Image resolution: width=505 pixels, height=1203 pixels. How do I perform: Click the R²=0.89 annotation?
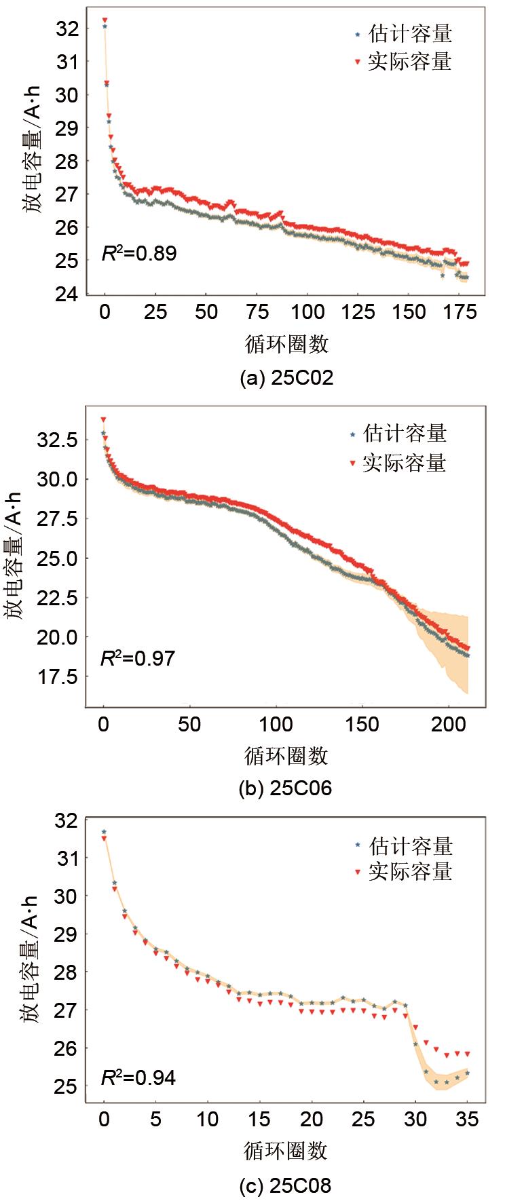139,254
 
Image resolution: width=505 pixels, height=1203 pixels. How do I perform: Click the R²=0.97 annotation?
138,658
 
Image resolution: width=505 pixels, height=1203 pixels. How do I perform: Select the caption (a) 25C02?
286,378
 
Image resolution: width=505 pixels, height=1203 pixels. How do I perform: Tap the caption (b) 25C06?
285,788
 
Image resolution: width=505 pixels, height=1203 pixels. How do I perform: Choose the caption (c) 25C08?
285,1185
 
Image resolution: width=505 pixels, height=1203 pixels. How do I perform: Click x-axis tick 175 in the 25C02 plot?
460,312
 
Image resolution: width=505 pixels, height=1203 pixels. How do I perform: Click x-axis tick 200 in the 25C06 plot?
449,725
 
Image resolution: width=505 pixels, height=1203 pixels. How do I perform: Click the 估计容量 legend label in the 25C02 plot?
410,33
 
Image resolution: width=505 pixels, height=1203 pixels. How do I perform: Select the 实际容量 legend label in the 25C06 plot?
405,463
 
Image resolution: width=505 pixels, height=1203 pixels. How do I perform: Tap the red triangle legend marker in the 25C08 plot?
358,873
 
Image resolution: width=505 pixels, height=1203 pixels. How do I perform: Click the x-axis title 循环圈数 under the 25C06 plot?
286,756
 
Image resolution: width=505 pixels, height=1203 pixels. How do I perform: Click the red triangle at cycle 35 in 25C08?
467,1054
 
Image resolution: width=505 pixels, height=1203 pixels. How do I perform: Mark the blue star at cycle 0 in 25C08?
104,832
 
